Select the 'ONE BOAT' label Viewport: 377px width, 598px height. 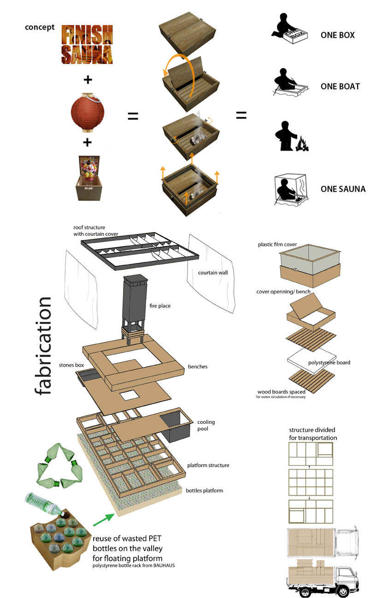click(340, 87)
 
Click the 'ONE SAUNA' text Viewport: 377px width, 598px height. click(343, 189)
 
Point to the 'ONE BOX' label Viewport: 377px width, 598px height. click(337, 35)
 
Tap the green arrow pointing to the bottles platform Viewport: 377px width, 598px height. click(103, 518)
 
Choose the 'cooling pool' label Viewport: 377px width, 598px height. click(206, 425)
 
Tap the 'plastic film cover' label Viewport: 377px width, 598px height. click(277, 245)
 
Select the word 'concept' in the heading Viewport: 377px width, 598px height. click(40, 27)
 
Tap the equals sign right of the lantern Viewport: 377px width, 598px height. click(133, 117)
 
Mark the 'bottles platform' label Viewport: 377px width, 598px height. click(204, 490)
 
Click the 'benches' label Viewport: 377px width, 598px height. click(198, 367)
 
